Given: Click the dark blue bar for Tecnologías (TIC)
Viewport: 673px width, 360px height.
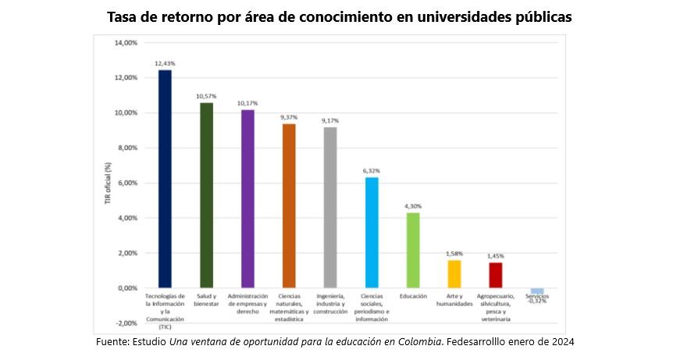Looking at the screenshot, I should coord(165,179).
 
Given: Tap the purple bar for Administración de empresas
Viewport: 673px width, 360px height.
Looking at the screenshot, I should coord(247,198).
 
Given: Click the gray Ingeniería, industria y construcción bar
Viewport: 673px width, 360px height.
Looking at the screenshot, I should coord(330,208).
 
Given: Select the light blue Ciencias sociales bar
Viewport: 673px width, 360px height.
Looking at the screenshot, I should coord(372,233).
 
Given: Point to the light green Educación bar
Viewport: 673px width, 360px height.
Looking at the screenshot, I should coord(413,250).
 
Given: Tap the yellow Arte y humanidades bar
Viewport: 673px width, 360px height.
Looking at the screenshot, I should coord(454,274).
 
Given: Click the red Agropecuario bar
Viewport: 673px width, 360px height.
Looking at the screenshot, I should coord(496,275).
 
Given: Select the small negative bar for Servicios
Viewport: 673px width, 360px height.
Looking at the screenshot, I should coord(537,290).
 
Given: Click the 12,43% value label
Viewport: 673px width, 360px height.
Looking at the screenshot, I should coord(165,62).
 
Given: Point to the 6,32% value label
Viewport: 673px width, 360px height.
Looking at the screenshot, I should coord(372,169).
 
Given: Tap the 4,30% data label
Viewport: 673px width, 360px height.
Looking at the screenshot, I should coord(413,205).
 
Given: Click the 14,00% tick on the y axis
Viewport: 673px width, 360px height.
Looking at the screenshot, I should coord(126,43).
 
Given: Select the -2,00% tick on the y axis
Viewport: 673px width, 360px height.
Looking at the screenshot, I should coord(126,323).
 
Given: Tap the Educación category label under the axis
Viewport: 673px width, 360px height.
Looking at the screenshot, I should coord(413,297).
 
